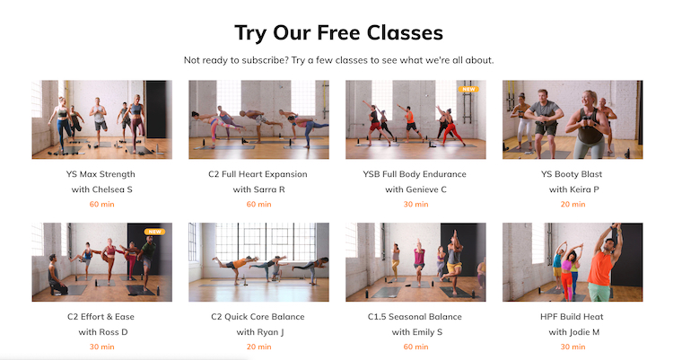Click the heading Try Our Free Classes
[x=339, y=33]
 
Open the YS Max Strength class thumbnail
[x=101, y=119]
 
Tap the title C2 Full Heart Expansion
[x=258, y=174]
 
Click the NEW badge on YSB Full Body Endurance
[x=468, y=89]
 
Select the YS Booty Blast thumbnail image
[x=573, y=119]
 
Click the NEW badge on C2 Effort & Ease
[x=154, y=232]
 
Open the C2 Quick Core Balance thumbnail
[x=258, y=262]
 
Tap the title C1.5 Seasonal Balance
[x=415, y=317]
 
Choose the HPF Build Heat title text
[x=572, y=317]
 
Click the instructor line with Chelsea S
[x=101, y=189]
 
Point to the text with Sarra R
[x=258, y=189]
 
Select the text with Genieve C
[x=415, y=189]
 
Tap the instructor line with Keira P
[x=573, y=189]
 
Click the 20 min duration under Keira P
[x=573, y=204]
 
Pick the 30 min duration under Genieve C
[x=415, y=204]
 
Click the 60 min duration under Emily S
[x=415, y=347]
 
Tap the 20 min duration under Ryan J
[x=258, y=347]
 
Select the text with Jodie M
[x=573, y=332]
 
